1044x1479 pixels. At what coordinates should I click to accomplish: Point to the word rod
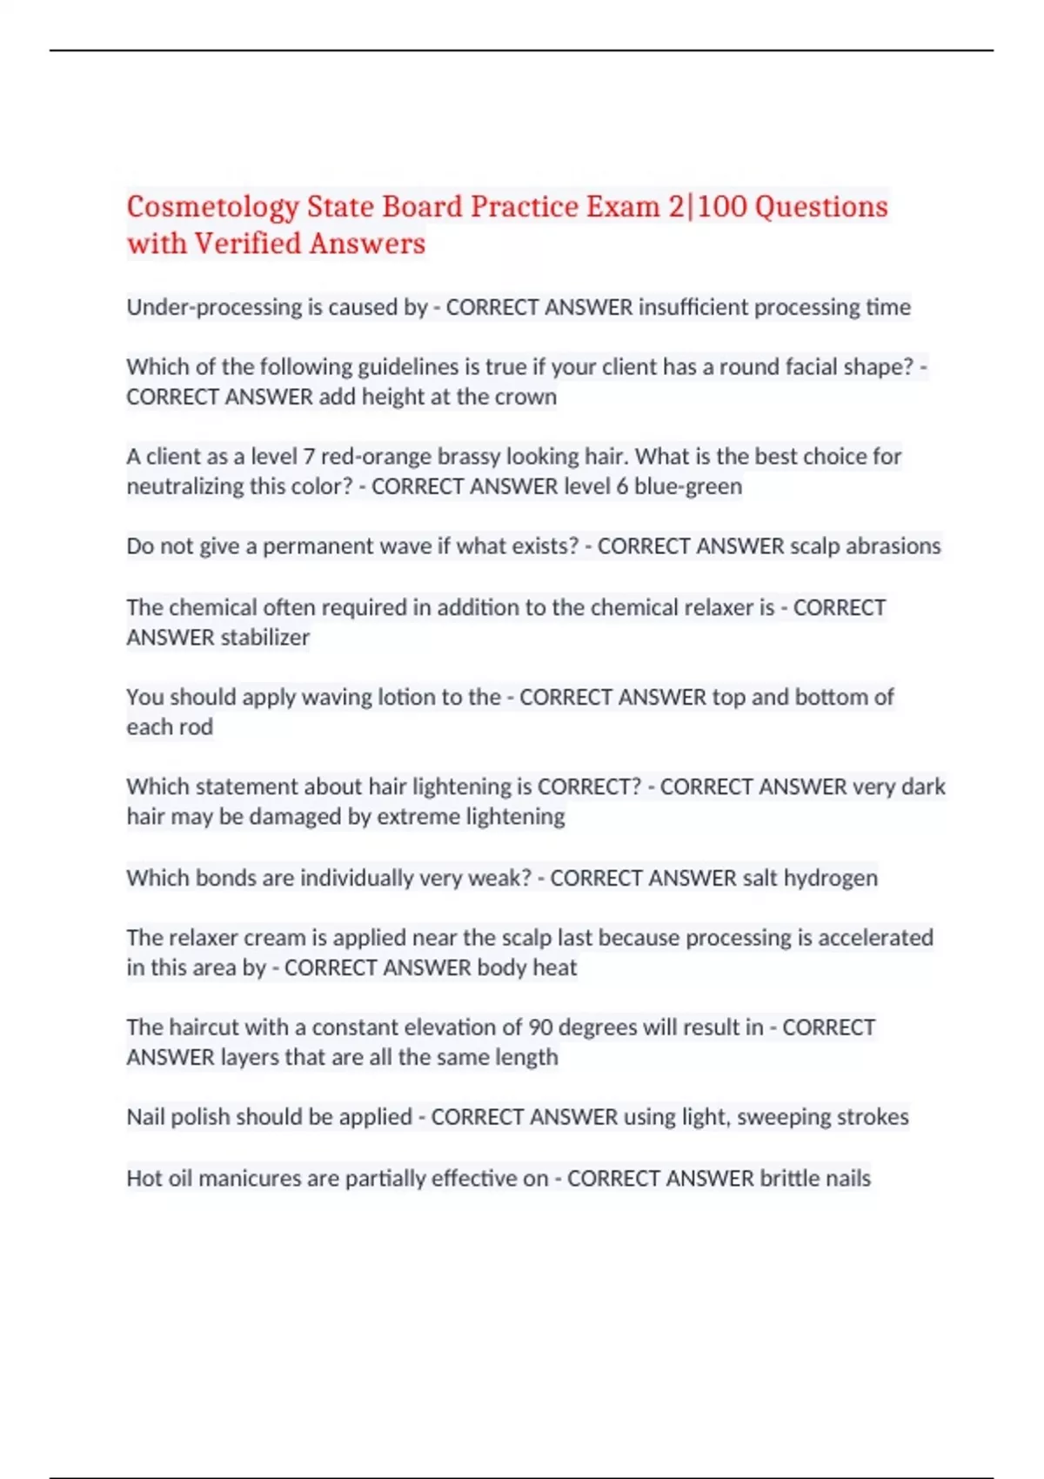pyautogui.click(x=197, y=727)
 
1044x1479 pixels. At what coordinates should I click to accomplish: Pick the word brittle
pyautogui.click(x=790, y=1179)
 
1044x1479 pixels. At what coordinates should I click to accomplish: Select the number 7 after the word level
pyautogui.click(x=308, y=457)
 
